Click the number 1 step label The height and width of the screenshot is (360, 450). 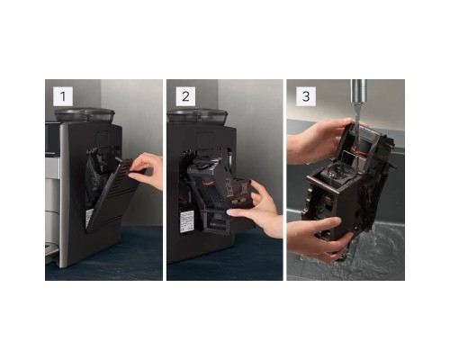pyautogui.click(x=63, y=96)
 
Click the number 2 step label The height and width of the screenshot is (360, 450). pyautogui.click(x=185, y=96)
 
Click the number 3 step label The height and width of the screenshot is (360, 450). pyautogui.click(x=306, y=96)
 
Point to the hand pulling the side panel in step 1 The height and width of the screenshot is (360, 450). pyautogui.click(x=147, y=171)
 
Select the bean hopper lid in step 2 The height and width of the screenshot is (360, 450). pyautogui.click(x=197, y=114)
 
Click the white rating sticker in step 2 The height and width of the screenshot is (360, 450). pyautogui.click(x=186, y=220)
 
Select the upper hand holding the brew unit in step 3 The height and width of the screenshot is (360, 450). pyautogui.click(x=318, y=141)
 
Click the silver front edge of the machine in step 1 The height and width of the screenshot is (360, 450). pyautogui.click(x=64, y=195)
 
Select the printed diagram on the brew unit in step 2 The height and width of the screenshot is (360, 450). pyautogui.click(x=237, y=191)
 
